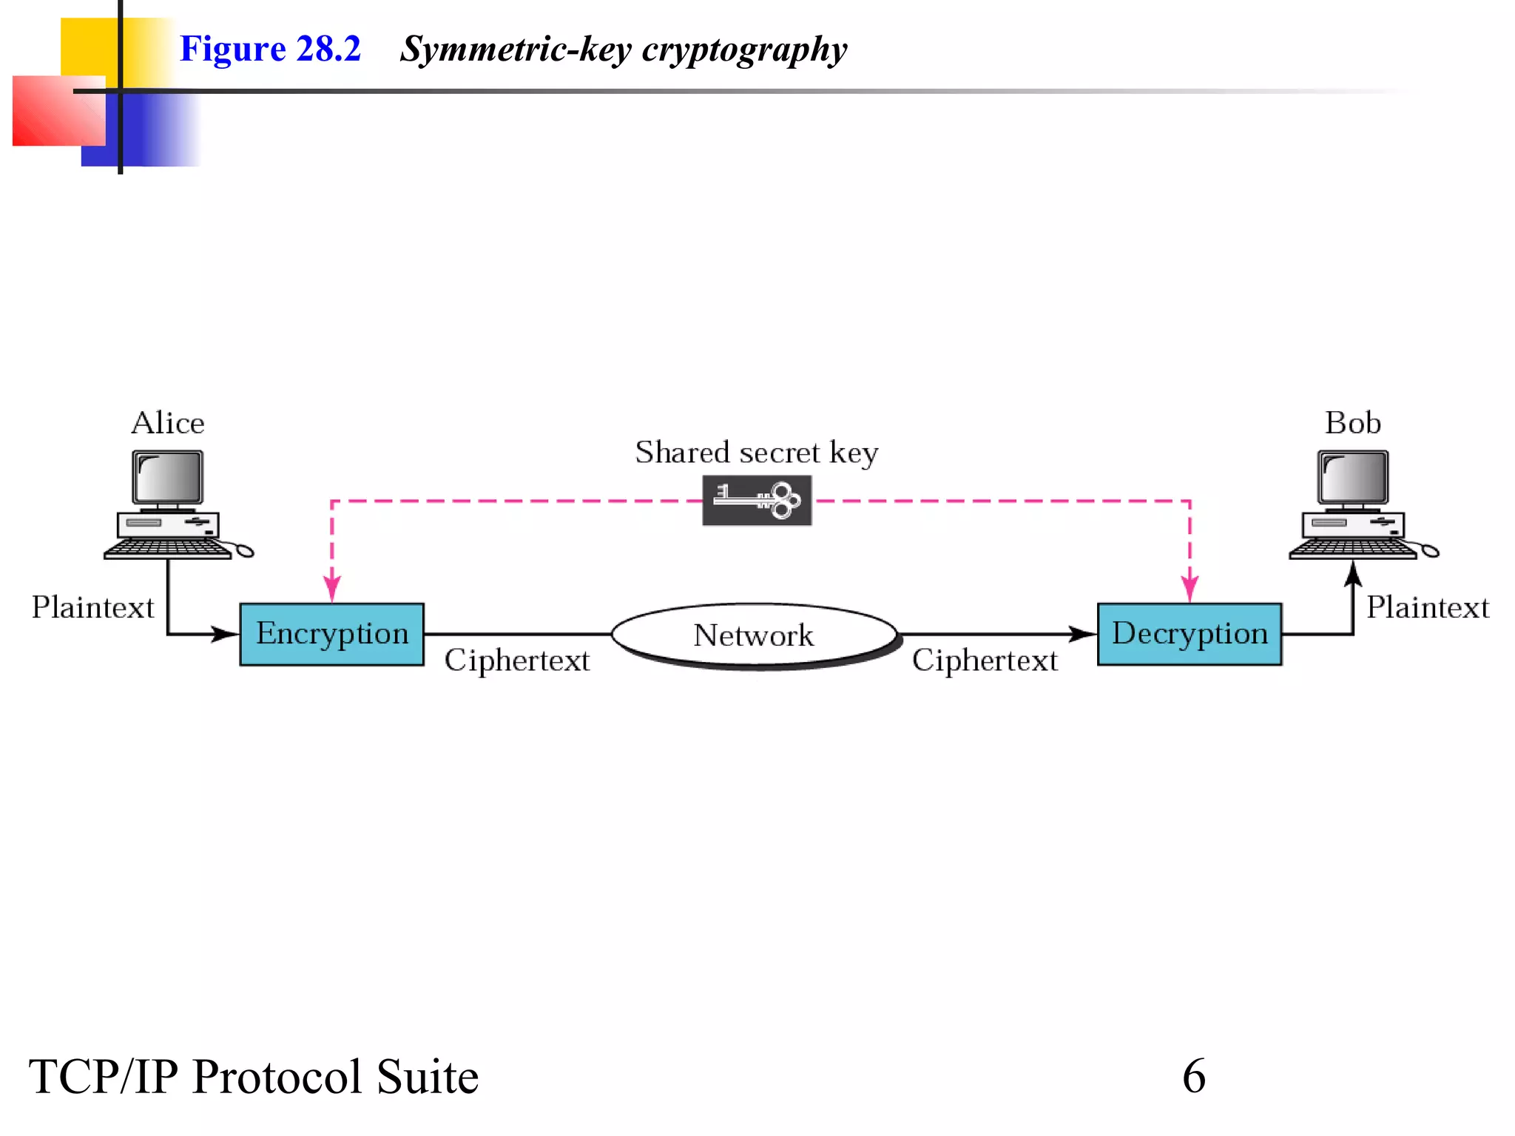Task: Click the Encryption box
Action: click(x=331, y=634)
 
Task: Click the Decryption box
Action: click(x=1189, y=634)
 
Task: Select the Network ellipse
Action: click(x=754, y=635)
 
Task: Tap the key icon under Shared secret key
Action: click(x=757, y=501)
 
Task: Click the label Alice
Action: click(x=168, y=423)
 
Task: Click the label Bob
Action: click(x=1352, y=423)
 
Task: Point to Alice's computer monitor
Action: click(x=167, y=478)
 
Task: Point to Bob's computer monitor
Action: click(x=1352, y=478)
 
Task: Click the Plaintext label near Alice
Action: click(x=92, y=607)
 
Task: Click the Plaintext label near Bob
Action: click(x=1427, y=607)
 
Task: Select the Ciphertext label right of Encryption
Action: click(x=517, y=660)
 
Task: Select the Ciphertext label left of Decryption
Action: click(x=985, y=660)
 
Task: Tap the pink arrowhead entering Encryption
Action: click(x=332, y=589)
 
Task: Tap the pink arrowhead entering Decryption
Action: click(x=1190, y=589)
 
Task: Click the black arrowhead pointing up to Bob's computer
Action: click(x=1353, y=574)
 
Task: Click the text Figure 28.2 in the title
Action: click(x=270, y=49)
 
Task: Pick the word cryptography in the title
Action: click(x=744, y=50)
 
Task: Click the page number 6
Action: click(x=1193, y=1076)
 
